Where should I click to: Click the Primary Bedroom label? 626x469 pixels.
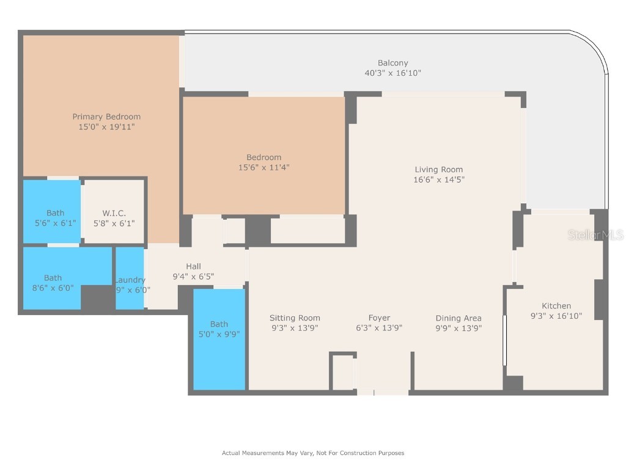(106, 117)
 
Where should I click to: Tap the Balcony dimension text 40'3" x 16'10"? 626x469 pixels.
(392, 73)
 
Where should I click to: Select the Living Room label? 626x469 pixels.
(438, 170)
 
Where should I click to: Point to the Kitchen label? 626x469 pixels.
(556, 306)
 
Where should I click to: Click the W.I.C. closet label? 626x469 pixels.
(114, 213)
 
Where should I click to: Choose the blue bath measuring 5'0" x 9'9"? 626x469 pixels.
(219, 339)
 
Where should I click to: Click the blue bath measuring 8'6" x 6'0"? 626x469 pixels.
(53, 283)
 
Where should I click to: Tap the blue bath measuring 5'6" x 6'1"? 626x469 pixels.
(55, 218)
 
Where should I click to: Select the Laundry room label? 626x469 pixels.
(130, 280)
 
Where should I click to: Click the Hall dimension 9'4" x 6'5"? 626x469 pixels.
(193, 277)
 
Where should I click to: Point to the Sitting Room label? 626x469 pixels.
(295, 318)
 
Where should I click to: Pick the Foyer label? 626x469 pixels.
(379, 318)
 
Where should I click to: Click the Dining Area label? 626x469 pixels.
(458, 318)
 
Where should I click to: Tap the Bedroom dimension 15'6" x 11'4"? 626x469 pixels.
(263, 167)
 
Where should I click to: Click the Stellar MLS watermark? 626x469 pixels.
(595, 235)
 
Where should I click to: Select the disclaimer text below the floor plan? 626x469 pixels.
(312, 453)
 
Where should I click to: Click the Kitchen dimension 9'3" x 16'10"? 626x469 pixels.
(556, 316)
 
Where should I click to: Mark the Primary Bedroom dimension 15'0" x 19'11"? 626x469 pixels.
(106, 127)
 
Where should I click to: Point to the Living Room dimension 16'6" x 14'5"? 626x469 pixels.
(438, 180)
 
